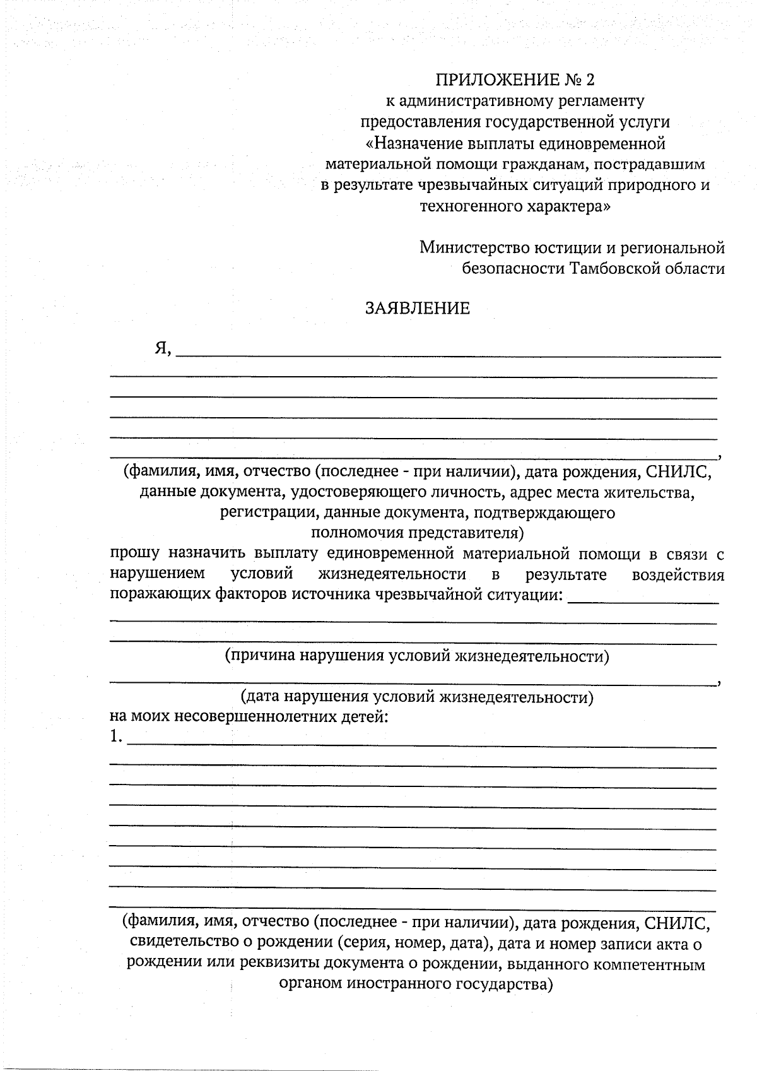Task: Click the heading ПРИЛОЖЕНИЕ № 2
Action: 515,80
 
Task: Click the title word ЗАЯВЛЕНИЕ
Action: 418,309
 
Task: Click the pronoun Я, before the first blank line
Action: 163,348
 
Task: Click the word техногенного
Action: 471,206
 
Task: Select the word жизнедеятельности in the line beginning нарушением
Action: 392,574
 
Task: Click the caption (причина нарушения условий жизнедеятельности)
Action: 417,656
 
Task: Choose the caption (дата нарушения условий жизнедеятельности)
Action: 417,697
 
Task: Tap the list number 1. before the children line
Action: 115,737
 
